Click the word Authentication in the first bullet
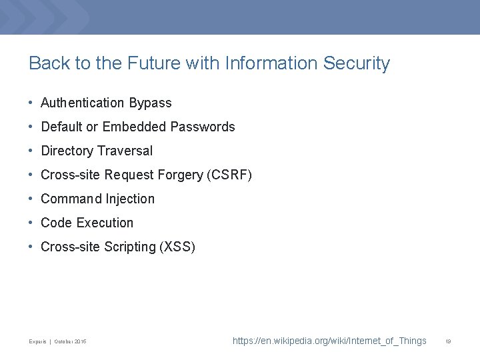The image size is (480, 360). tap(83, 103)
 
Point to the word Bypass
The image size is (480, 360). tap(150, 103)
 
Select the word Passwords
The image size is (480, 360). tap(203, 127)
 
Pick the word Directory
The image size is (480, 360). tap(67, 151)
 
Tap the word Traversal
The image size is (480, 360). tap(125, 151)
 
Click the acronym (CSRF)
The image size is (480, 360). tap(229, 175)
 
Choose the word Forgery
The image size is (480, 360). tap(181, 175)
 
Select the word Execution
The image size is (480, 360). tap(105, 223)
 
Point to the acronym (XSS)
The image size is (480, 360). tap(177, 247)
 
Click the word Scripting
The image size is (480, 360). tap(129, 247)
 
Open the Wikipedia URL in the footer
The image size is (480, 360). tap(329, 341)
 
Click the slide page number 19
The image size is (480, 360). tap(449, 341)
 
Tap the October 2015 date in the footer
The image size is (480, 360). tap(70, 342)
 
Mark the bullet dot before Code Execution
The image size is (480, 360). tap(31, 223)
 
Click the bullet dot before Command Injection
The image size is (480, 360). tap(31, 199)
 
